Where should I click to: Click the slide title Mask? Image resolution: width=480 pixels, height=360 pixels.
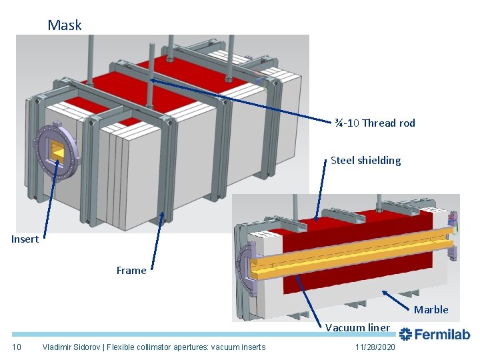coord(65,25)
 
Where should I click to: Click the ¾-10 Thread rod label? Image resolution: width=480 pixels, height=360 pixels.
coord(375,123)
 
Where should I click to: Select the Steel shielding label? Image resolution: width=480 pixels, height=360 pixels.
coord(365,160)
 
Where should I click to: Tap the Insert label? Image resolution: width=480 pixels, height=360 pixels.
coord(25,239)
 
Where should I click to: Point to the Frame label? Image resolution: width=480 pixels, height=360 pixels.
coord(131,270)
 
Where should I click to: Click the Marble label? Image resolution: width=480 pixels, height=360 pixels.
coord(431,309)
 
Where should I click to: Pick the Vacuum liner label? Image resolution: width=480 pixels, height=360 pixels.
coord(357,327)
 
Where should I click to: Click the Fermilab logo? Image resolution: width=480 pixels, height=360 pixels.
coord(434,334)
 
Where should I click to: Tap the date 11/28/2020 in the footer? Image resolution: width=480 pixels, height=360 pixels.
coord(375,347)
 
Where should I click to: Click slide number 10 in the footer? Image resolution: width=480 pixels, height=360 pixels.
coord(18,347)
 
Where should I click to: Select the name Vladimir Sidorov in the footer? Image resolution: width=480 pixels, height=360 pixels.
coord(73,347)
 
